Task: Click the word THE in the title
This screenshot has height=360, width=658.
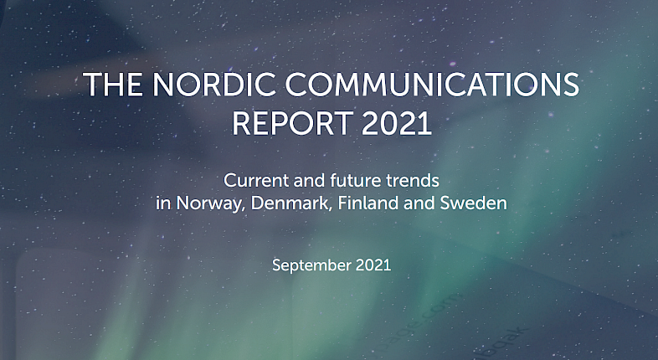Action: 112,85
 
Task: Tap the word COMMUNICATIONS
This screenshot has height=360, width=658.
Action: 432,85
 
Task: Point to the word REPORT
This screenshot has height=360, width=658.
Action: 292,123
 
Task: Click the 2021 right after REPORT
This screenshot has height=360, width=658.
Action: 397,123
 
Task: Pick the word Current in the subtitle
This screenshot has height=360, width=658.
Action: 256,181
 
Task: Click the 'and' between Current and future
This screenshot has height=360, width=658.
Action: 310,181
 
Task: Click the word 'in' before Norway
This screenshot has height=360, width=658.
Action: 163,203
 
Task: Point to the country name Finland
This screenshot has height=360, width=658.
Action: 368,203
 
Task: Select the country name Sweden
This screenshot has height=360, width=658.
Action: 473,203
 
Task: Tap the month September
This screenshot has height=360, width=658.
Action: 311,266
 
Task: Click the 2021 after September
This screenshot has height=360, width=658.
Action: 373,265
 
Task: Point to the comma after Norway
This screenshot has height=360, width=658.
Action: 245,209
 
